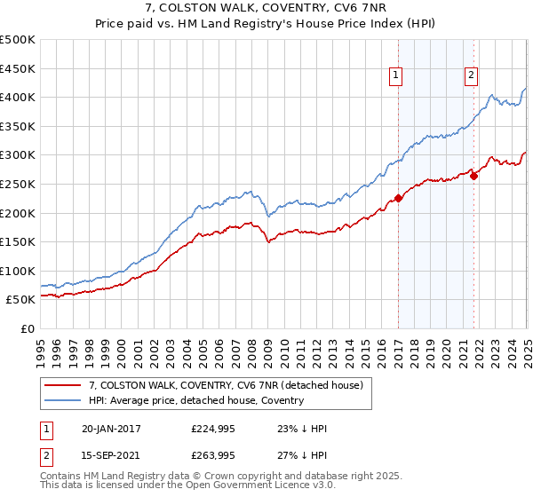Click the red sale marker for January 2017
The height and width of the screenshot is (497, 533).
point(398,198)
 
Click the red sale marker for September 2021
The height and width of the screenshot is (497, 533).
point(473,176)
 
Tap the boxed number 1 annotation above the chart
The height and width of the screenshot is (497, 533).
point(394,76)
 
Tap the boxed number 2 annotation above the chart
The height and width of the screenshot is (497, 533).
point(470,76)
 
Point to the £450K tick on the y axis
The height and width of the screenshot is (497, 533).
point(18,68)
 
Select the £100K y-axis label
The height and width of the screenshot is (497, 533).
point(18,271)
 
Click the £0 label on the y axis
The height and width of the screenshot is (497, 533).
point(28,328)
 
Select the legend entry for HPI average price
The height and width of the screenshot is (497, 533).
point(196,400)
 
